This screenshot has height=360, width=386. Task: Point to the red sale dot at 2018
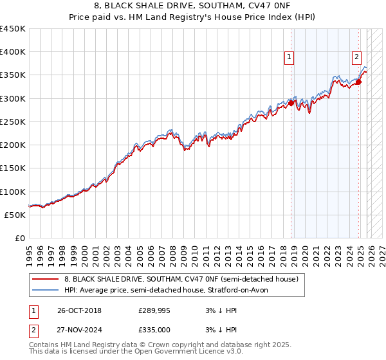291,103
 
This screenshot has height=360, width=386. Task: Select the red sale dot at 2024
358,82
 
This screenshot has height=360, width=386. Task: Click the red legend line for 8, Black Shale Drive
46,280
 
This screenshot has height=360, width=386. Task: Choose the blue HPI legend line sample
46,290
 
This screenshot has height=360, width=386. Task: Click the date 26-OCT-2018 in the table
79,310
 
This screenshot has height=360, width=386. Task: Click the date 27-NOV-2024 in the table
79,328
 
